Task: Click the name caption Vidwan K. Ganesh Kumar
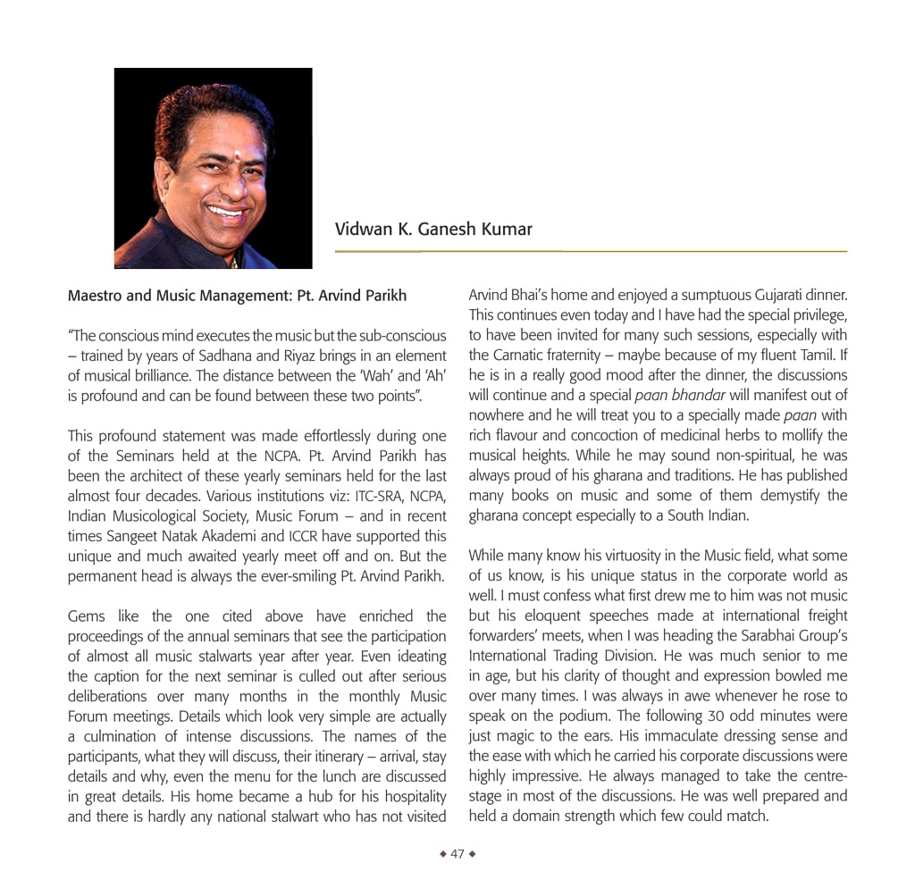tap(433, 230)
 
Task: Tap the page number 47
tap(457, 854)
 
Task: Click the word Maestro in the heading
tap(96, 296)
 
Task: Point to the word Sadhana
tap(260, 356)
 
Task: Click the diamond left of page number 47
tap(443, 854)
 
